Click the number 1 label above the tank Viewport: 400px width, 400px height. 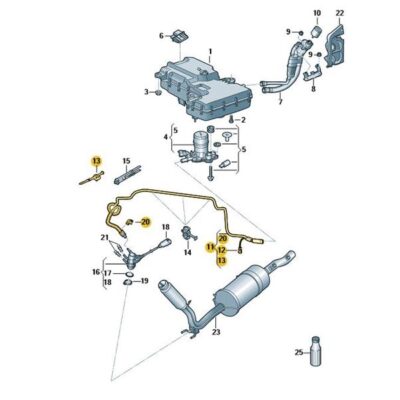210,50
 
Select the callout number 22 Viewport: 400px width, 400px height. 339,13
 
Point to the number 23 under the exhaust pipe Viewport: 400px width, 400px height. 214,333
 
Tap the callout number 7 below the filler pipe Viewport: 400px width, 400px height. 280,101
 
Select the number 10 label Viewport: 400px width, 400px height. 317,13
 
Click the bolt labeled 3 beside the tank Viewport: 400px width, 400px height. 155,92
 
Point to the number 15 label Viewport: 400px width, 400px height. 126,160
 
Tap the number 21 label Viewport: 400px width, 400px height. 104,237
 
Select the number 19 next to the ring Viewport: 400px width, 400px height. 146,282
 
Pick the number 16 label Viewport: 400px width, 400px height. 96,271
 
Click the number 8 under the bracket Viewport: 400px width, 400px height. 313,88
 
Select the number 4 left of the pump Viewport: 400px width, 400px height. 165,137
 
